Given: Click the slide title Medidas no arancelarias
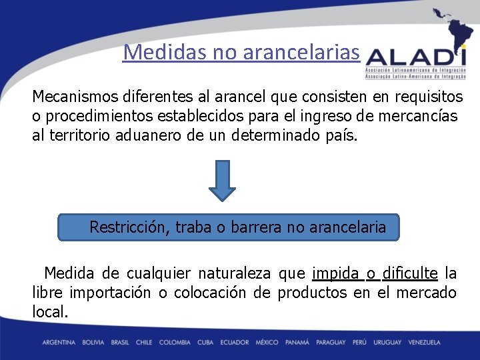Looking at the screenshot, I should pyautogui.click(x=241, y=52).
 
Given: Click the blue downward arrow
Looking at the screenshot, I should pyautogui.click(x=222, y=180).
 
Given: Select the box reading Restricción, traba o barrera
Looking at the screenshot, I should pyautogui.click(x=229, y=227).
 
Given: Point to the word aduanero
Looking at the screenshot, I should pyautogui.click(x=156, y=136).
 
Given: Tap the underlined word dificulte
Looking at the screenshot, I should pyautogui.click(x=410, y=274).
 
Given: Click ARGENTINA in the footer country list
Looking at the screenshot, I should pyautogui.click(x=59, y=343).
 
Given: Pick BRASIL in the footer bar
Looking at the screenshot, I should pyautogui.click(x=120, y=343).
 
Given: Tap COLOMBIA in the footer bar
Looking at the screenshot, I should pyautogui.click(x=174, y=343).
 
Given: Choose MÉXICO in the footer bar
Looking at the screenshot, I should pyautogui.click(x=267, y=343).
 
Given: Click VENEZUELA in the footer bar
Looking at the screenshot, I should pyautogui.click(x=424, y=343).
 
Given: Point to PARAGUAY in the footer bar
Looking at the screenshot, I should pyautogui.click(x=331, y=343).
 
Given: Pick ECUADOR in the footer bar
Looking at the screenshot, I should pyautogui.click(x=233, y=343).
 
